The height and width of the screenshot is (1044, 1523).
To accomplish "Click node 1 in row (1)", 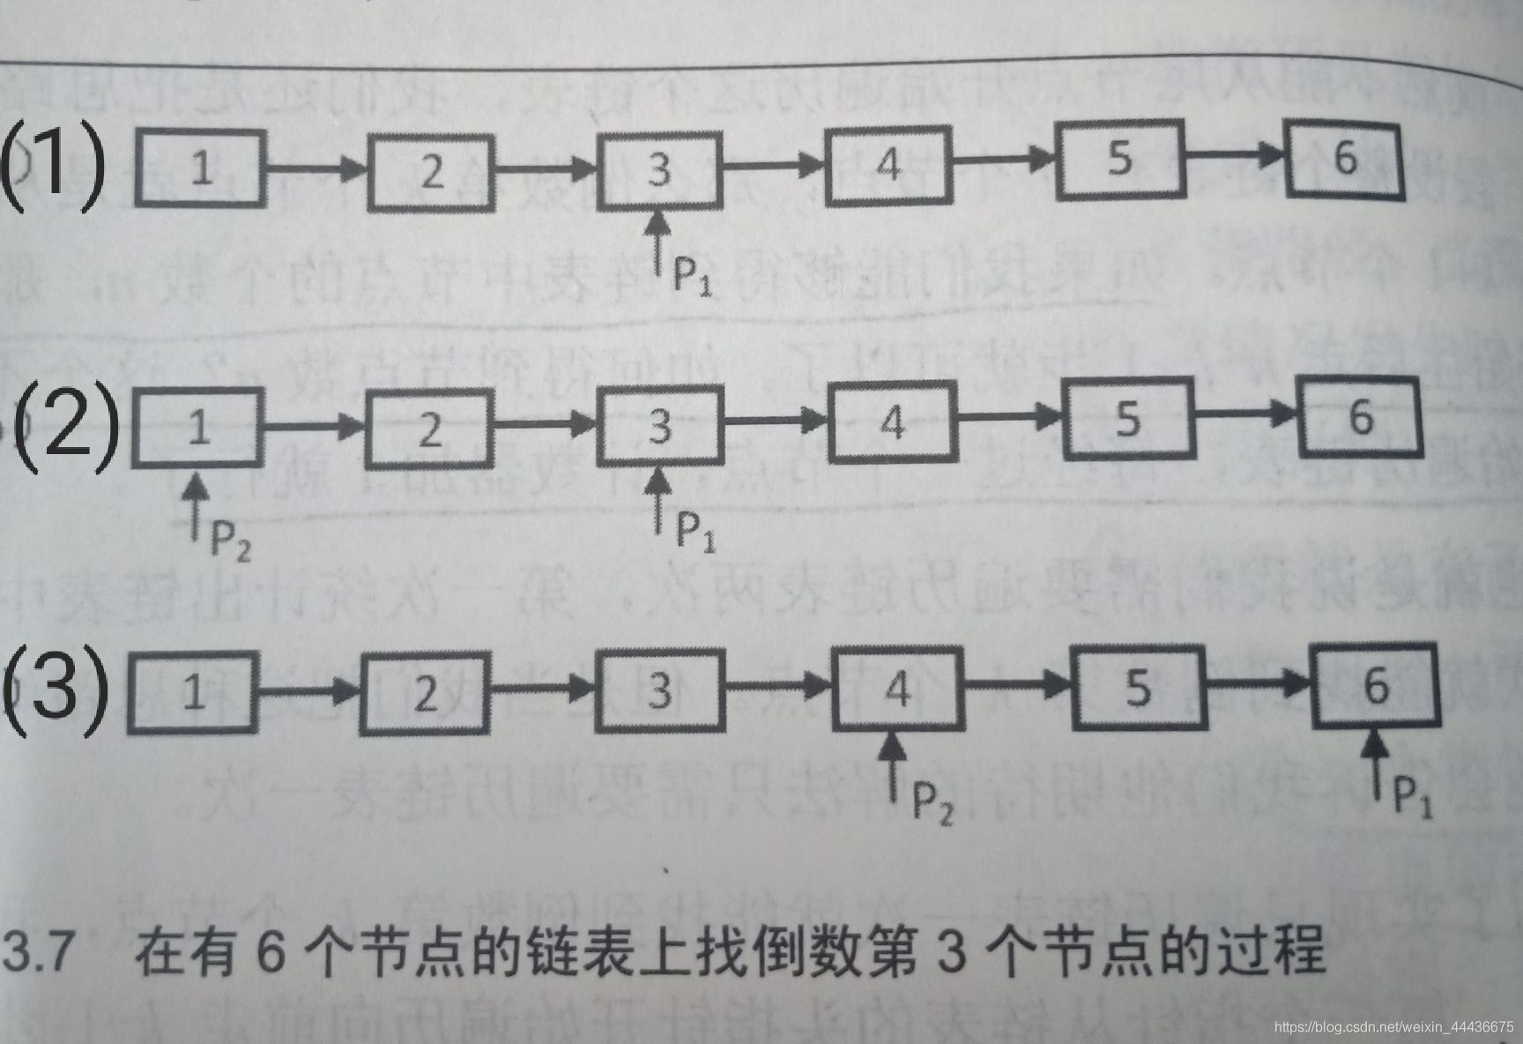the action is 201,168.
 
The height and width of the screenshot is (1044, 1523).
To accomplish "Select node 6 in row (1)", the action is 1344,160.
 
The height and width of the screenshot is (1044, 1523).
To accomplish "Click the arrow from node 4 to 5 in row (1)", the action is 1005,160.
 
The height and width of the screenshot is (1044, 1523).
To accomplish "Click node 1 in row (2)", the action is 198,428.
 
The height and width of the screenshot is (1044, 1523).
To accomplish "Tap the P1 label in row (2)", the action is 695,532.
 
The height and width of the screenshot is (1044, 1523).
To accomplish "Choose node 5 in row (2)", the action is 1127,418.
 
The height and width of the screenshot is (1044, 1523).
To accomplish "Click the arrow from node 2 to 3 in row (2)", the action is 545,424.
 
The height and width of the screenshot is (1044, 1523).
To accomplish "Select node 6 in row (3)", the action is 1375,685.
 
